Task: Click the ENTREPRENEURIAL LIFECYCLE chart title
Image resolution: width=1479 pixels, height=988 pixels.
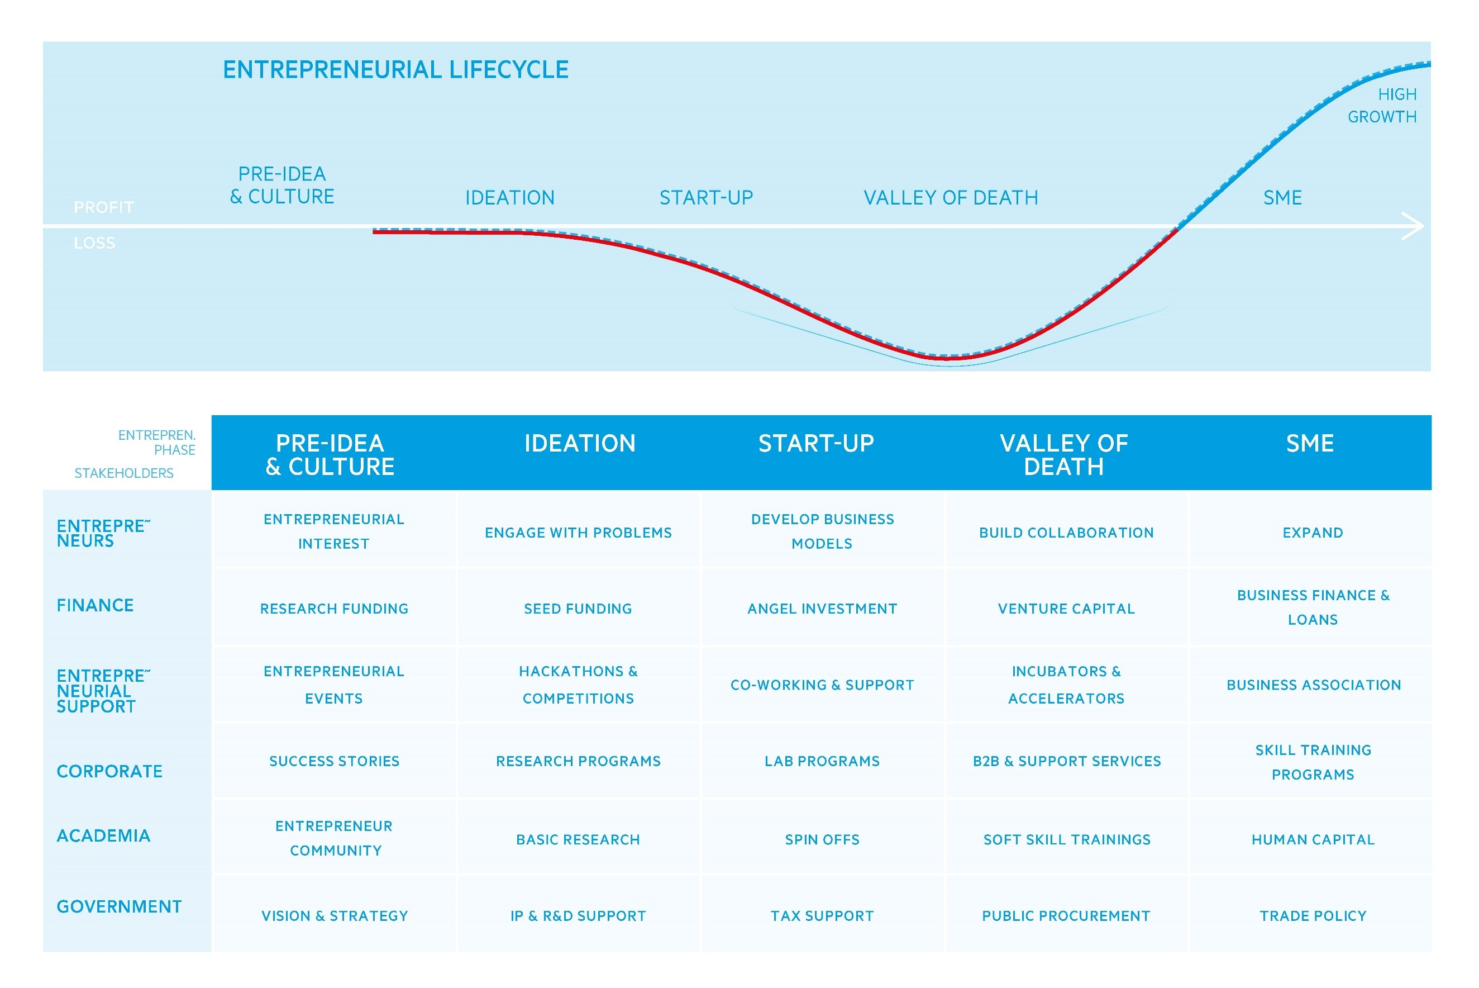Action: click(395, 69)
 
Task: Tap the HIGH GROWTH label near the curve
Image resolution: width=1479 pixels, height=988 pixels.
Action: click(1381, 105)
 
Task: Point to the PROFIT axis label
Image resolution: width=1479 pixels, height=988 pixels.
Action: click(104, 207)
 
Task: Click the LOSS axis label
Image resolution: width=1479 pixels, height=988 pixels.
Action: click(94, 243)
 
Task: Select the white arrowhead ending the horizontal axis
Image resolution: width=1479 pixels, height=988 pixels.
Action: click(1413, 226)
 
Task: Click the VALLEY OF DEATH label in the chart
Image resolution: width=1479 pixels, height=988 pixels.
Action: click(950, 198)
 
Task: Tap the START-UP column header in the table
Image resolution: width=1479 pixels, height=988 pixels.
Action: click(816, 444)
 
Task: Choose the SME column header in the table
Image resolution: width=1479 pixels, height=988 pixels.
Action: click(1310, 444)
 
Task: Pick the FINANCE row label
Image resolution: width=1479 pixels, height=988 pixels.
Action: click(95, 606)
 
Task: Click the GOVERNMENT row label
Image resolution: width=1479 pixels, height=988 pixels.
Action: click(119, 907)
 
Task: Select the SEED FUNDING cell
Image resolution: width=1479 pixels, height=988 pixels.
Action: click(578, 609)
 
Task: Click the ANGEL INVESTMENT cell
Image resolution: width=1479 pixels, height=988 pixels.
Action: click(822, 609)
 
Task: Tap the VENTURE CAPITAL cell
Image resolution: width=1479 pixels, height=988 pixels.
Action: click(1066, 609)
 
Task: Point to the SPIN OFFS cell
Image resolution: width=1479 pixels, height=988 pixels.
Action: click(822, 839)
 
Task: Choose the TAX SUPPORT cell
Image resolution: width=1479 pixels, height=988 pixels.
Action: click(822, 915)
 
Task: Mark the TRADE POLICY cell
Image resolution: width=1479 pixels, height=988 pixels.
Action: click(1313, 915)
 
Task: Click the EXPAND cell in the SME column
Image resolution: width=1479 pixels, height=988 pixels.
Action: click(1313, 533)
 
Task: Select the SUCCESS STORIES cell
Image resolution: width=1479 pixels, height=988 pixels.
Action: click(335, 761)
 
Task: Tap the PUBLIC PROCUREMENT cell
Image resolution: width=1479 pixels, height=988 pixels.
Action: click(1066, 915)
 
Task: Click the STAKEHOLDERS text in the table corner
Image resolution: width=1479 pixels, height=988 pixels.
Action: click(124, 473)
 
